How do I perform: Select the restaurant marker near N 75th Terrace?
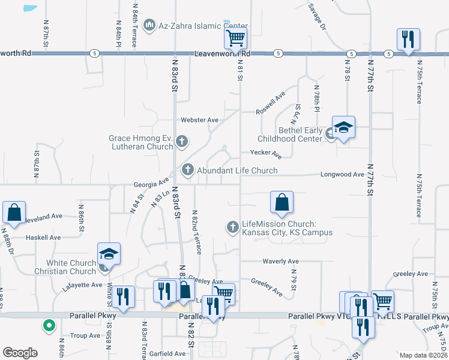point(408,40)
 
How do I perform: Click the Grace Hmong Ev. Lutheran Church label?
point(141,142)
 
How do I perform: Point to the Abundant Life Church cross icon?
point(187,170)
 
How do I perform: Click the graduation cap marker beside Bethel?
point(343,128)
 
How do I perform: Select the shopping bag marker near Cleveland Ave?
point(14,212)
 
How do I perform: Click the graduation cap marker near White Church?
point(109,254)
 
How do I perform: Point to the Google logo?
point(20,353)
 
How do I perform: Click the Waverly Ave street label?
point(281,262)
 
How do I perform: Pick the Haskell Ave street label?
point(43,238)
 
